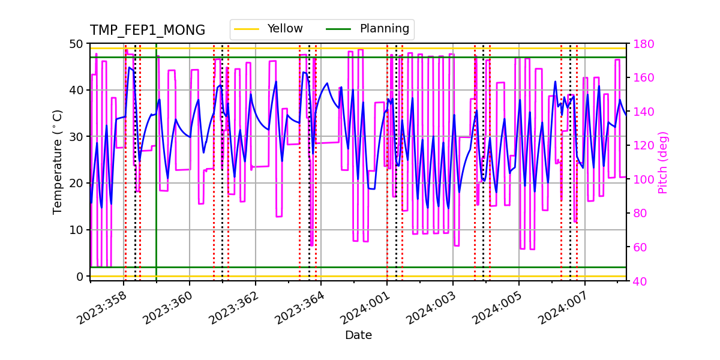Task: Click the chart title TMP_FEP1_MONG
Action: tap(147, 31)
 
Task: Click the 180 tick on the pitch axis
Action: tap(640, 44)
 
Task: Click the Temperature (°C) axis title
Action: tap(58, 161)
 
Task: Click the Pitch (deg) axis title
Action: tap(663, 162)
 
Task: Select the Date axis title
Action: tap(358, 335)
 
